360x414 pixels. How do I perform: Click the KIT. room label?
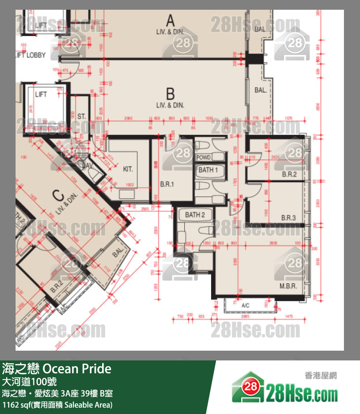pyautogui.click(x=128, y=169)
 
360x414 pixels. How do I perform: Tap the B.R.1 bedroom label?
pyautogui.click(x=167, y=185)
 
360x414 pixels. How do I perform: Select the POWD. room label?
pyautogui.click(x=203, y=158)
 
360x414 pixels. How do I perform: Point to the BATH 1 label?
pyautogui.click(x=208, y=170)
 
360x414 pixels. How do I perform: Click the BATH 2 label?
pyautogui.click(x=195, y=215)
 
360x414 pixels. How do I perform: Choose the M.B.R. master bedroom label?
pyautogui.click(x=288, y=286)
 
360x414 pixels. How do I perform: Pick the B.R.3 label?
pyautogui.click(x=288, y=218)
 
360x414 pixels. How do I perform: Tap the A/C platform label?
pyautogui.click(x=245, y=305)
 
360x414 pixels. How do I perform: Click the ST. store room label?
pyautogui.click(x=81, y=117)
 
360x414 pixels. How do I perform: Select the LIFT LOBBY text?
pyautogui.click(x=30, y=56)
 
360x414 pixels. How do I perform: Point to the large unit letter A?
pyautogui.click(x=170, y=20)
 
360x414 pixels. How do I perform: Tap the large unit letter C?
pyautogui.click(x=58, y=196)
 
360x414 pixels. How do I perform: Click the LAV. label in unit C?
pyautogui.click(x=87, y=166)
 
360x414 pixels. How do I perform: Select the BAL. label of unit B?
pyautogui.click(x=260, y=90)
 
